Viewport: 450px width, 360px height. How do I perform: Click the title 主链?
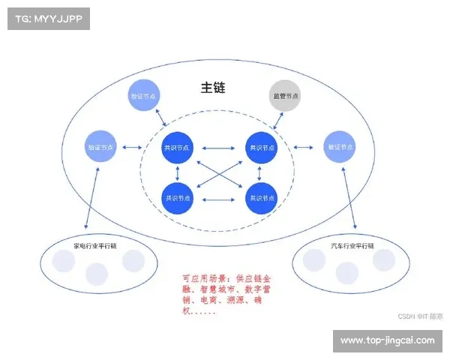tap(213, 88)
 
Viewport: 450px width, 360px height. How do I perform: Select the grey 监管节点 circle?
tap(284, 97)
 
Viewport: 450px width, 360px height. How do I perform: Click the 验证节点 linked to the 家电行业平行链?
tap(100, 148)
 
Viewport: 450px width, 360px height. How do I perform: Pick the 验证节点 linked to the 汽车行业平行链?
tap(339, 148)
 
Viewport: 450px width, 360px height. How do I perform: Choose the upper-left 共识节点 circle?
tap(178, 148)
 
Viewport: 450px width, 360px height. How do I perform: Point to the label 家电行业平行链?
tap(94, 247)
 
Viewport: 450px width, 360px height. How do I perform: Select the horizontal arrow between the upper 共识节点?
tap(218, 148)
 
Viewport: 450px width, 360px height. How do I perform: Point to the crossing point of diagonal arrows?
tap(218, 172)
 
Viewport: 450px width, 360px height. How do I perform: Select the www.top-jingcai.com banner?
tap(387, 340)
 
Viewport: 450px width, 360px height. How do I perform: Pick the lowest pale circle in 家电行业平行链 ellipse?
tap(96, 274)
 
